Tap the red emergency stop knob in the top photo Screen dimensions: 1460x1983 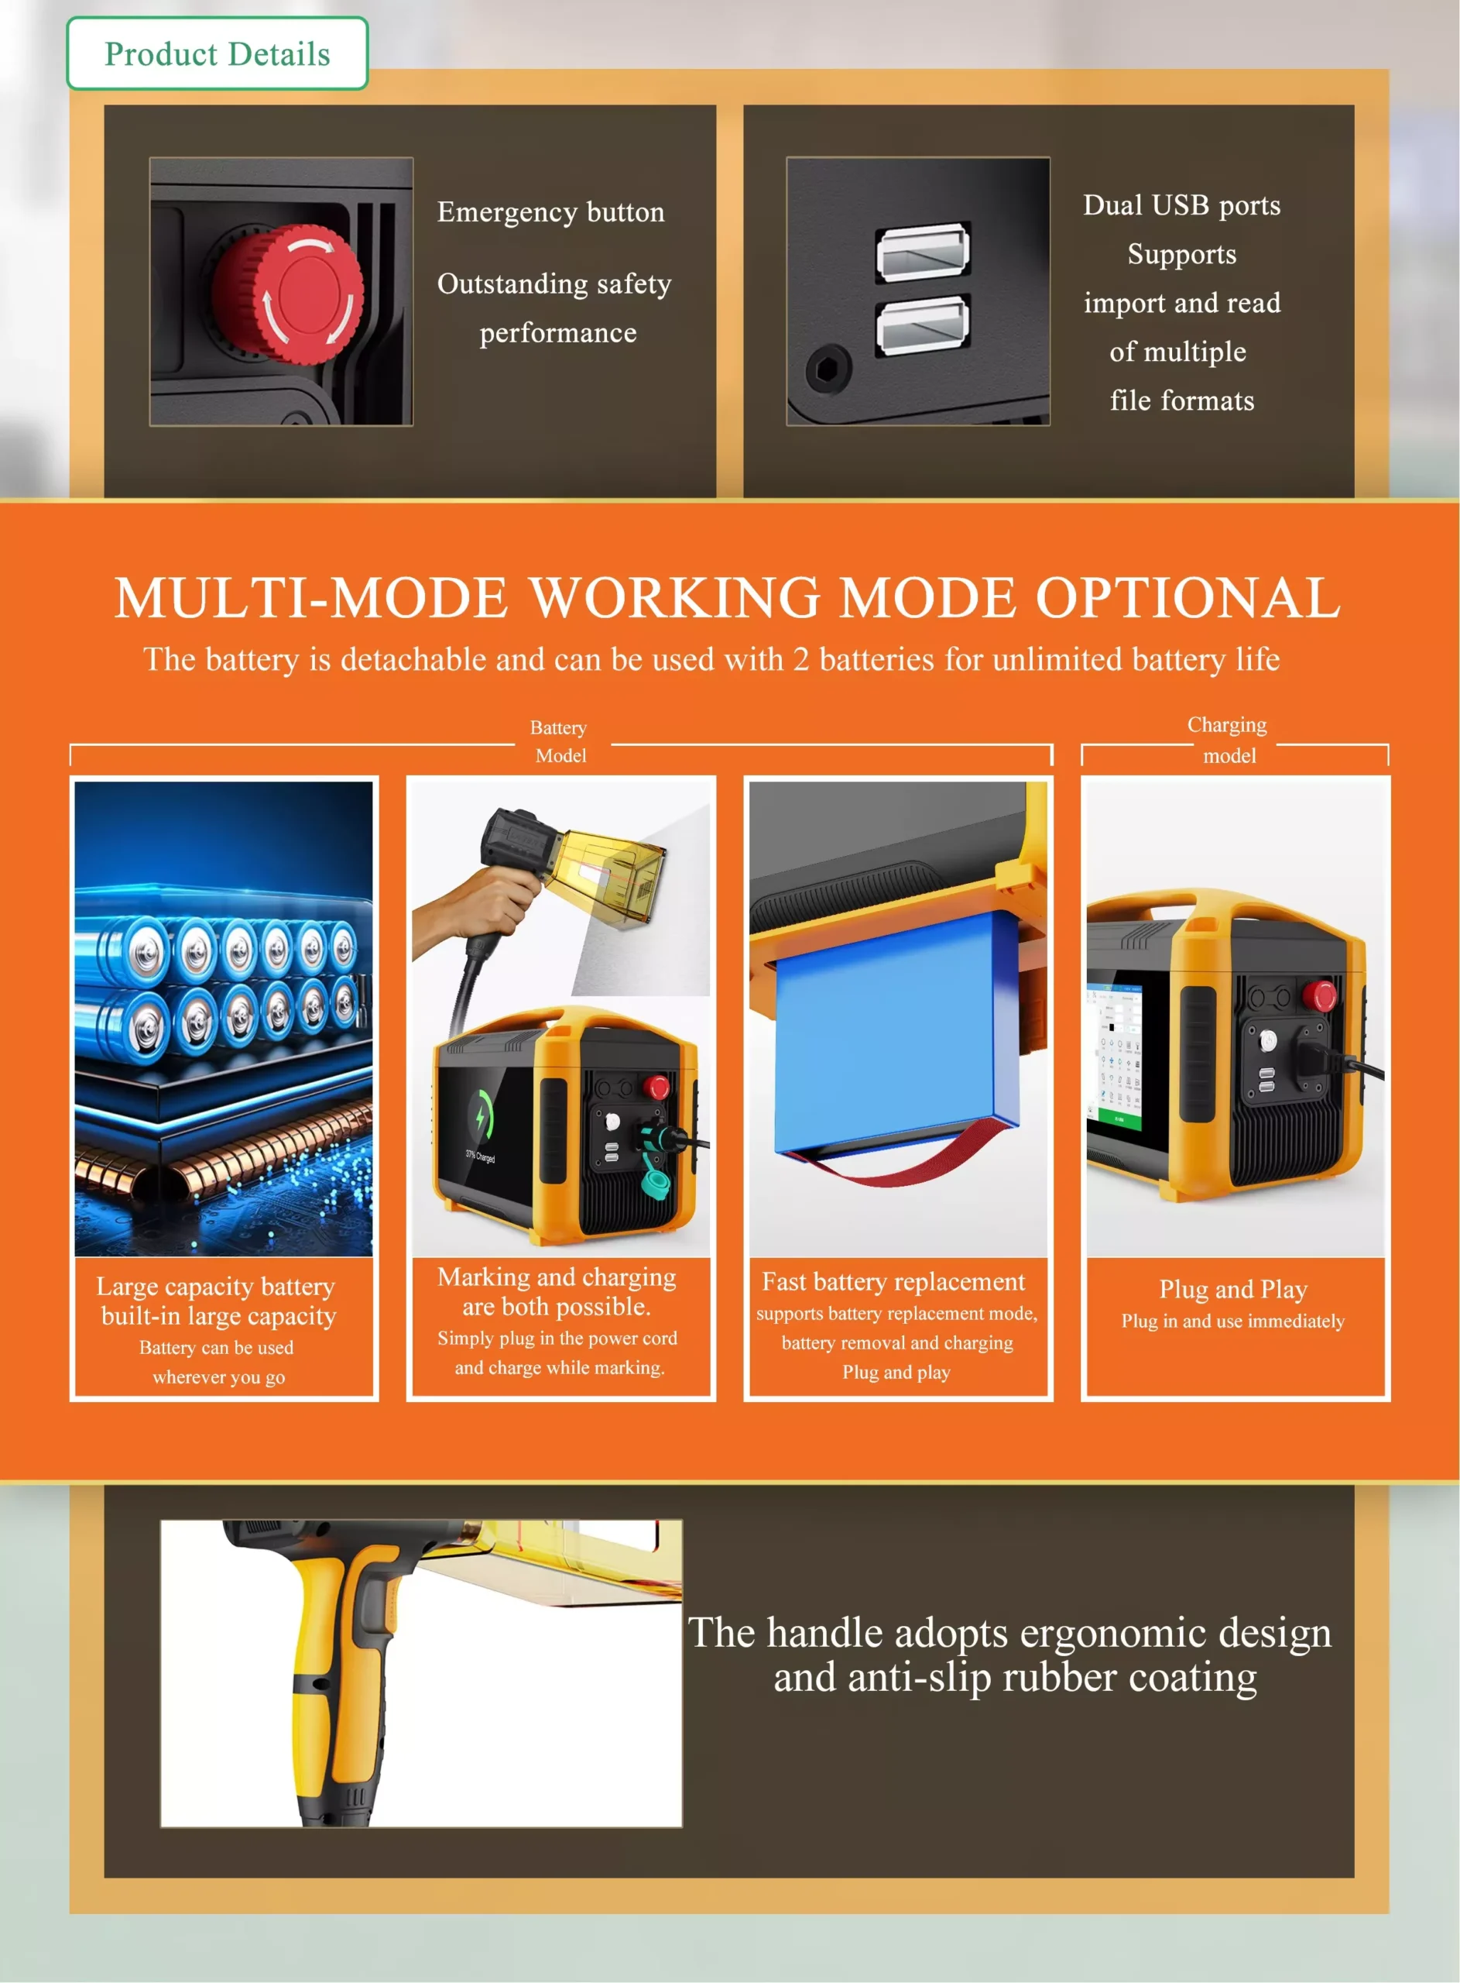pyautogui.click(x=289, y=294)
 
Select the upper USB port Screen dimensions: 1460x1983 pyautogui.click(x=922, y=252)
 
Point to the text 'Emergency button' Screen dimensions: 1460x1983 pyautogui.click(x=550, y=212)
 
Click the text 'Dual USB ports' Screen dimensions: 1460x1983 pyautogui.click(x=1181, y=205)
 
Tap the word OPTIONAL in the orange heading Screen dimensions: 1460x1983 pyautogui.click(x=1188, y=598)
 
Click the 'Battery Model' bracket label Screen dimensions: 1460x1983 pyautogui.click(x=560, y=741)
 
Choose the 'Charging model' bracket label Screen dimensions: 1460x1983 pyautogui.click(x=1228, y=739)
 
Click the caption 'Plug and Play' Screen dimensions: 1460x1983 pyautogui.click(x=1233, y=1289)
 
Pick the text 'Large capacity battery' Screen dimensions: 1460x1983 pyautogui.click(x=216, y=1287)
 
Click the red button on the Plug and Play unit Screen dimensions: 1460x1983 pyautogui.click(x=1321, y=995)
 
